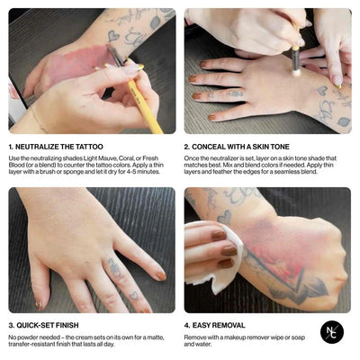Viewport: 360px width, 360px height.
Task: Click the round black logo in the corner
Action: click(332, 332)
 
